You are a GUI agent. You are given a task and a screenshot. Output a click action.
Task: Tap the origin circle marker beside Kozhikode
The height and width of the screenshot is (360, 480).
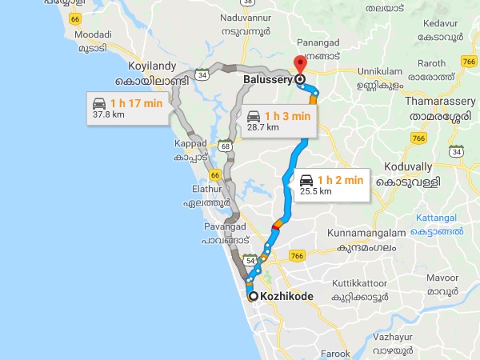point(254,297)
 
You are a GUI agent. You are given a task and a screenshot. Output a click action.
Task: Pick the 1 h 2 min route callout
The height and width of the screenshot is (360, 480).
point(330,185)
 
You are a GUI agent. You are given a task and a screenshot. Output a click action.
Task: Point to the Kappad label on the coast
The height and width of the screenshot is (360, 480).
point(190,143)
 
